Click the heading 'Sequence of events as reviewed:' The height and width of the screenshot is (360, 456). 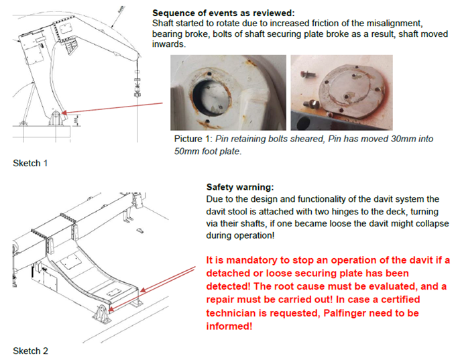[x=223, y=13]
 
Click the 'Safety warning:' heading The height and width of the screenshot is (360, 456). [x=240, y=187]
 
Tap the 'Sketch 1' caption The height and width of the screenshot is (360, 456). [x=30, y=163]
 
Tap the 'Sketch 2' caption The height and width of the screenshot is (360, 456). [x=31, y=351]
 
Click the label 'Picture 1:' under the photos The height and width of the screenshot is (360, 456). [x=193, y=139]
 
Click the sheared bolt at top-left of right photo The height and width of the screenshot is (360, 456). [x=308, y=74]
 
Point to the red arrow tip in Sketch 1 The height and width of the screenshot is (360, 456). [x=63, y=113]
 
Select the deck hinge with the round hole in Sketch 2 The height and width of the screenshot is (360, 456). [x=101, y=314]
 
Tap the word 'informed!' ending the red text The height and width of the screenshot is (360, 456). [x=229, y=326]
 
